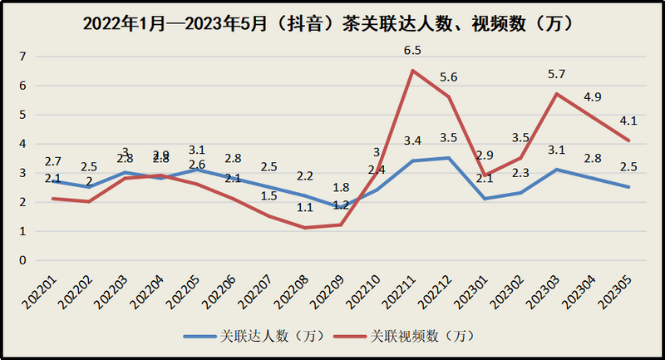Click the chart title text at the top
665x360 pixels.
pos(332,24)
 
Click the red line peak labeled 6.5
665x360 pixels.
pos(413,71)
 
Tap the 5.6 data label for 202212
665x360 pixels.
pos(450,76)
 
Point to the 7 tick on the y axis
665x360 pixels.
pos(23,57)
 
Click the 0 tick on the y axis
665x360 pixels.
pos(23,260)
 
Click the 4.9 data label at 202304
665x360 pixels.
pos(594,97)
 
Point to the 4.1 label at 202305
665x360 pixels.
pos(629,121)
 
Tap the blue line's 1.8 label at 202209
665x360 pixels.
pos(341,188)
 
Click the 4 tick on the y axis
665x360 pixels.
pos(23,144)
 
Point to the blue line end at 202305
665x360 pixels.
pos(629,187)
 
